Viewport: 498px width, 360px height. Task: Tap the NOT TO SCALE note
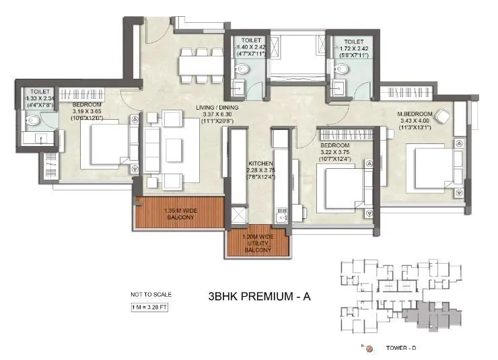(x=151, y=294)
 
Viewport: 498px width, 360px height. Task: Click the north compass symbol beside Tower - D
(x=369, y=349)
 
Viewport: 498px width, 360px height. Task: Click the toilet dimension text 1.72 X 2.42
(x=352, y=49)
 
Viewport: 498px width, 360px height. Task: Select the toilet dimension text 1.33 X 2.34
(x=38, y=98)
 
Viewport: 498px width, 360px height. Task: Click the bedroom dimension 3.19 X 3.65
(x=87, y=112)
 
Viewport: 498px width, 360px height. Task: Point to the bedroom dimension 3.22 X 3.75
(x=334, y=151)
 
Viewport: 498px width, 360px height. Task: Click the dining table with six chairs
(x=199, y=65)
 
